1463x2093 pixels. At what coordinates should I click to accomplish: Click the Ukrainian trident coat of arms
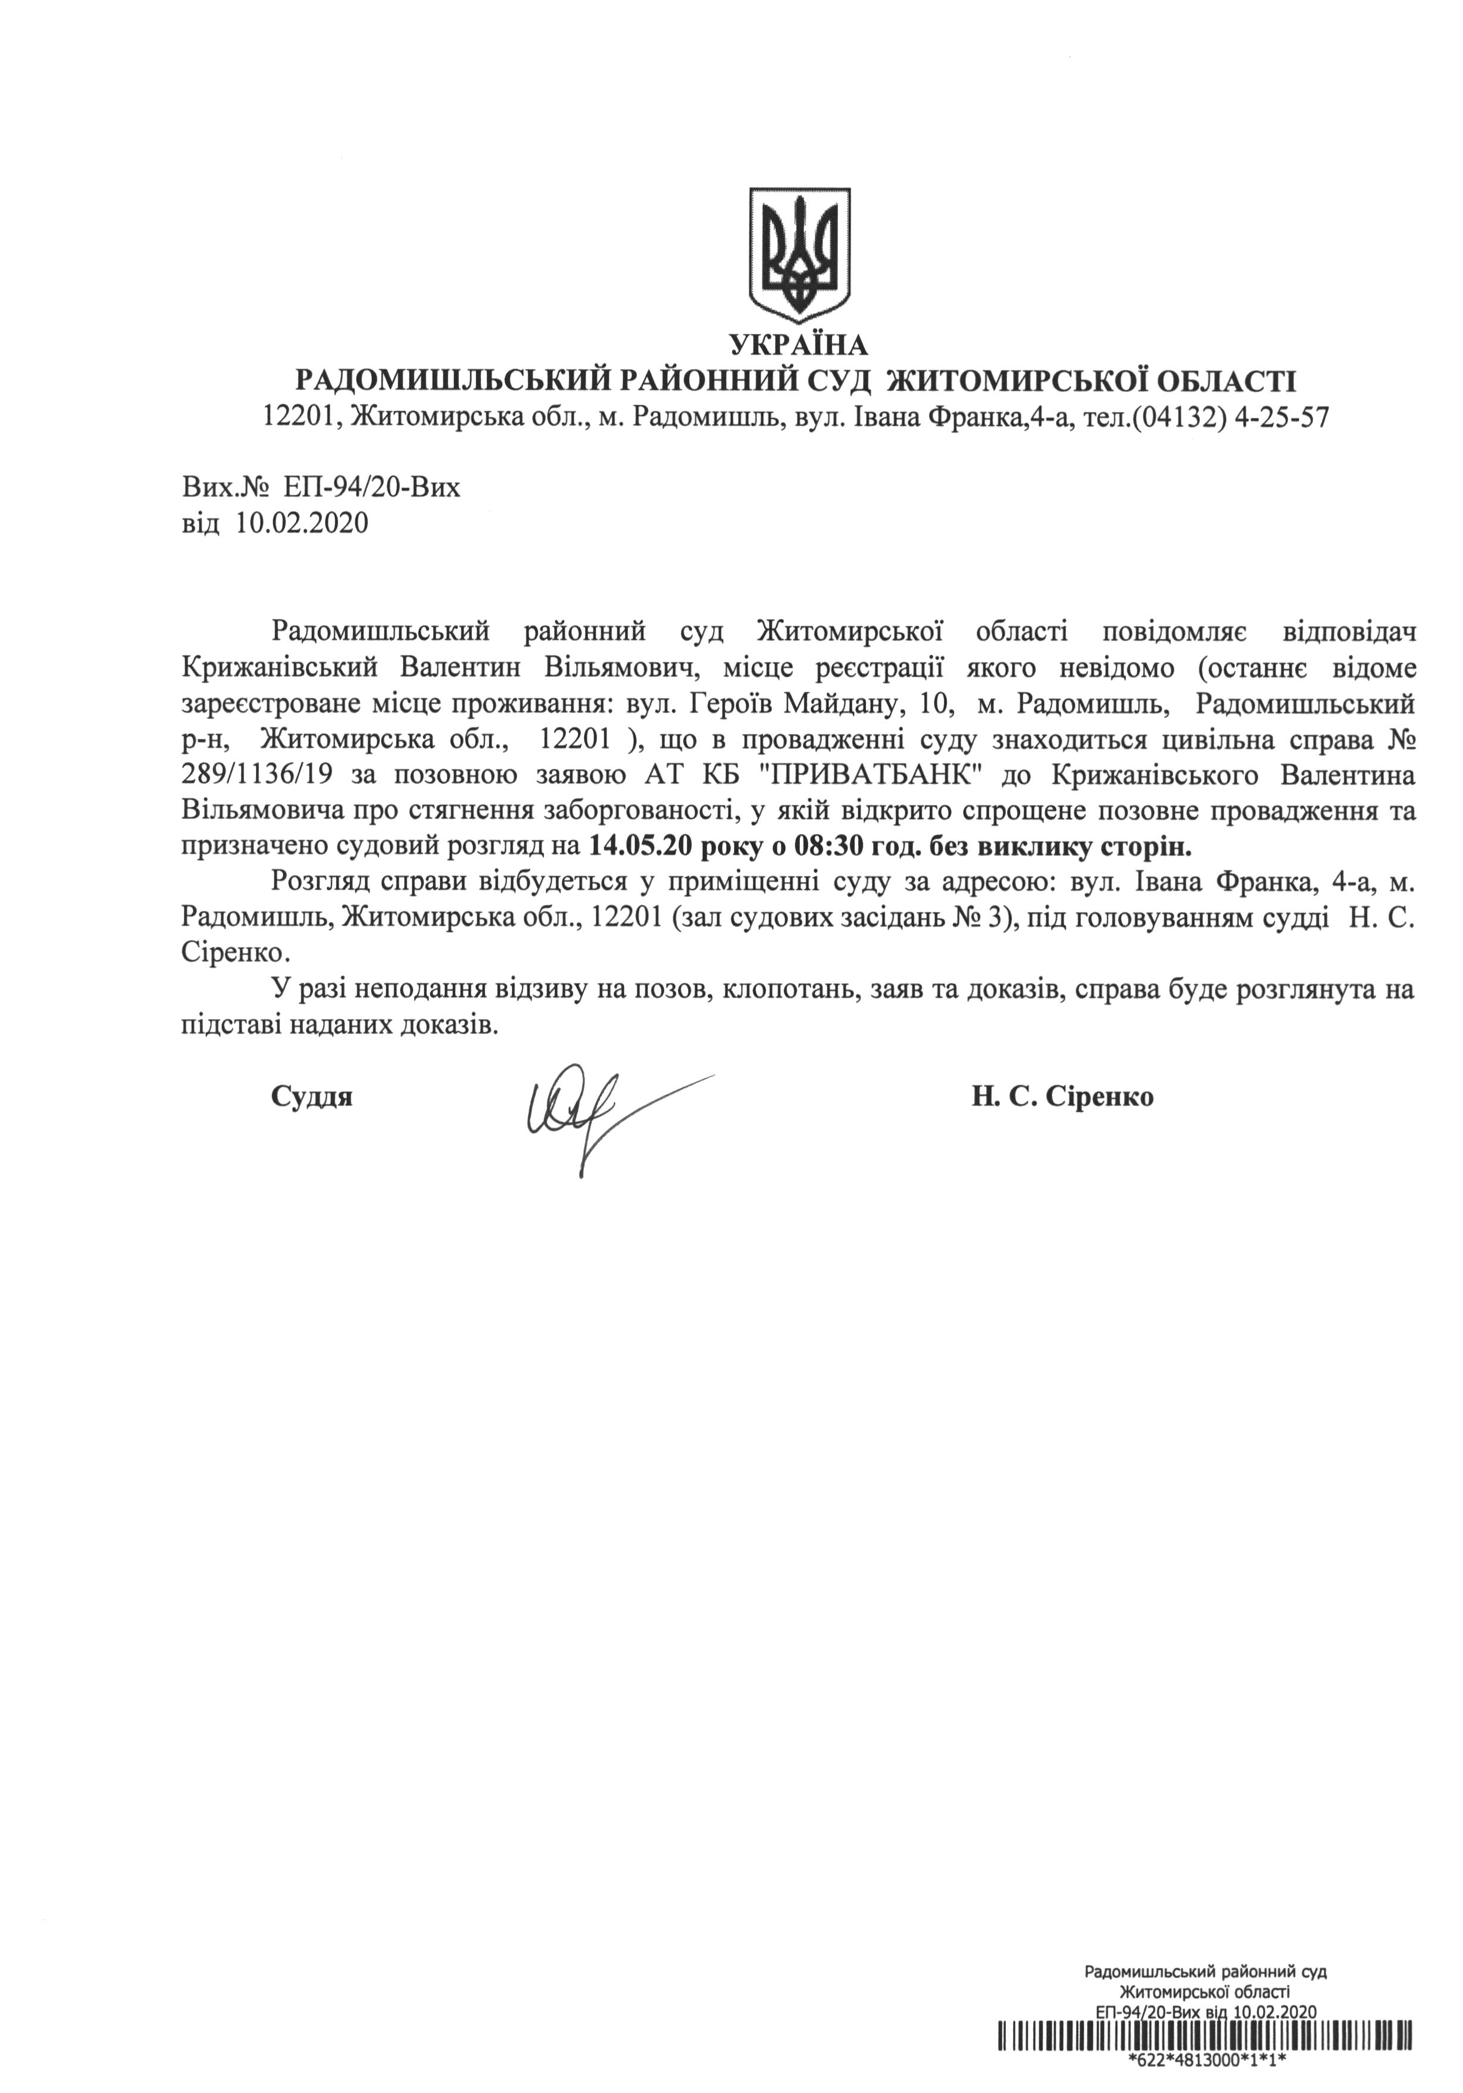(799, 254)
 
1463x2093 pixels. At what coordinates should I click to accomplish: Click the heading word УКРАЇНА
(799, 345)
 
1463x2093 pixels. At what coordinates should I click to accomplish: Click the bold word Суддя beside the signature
(312, 1098)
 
